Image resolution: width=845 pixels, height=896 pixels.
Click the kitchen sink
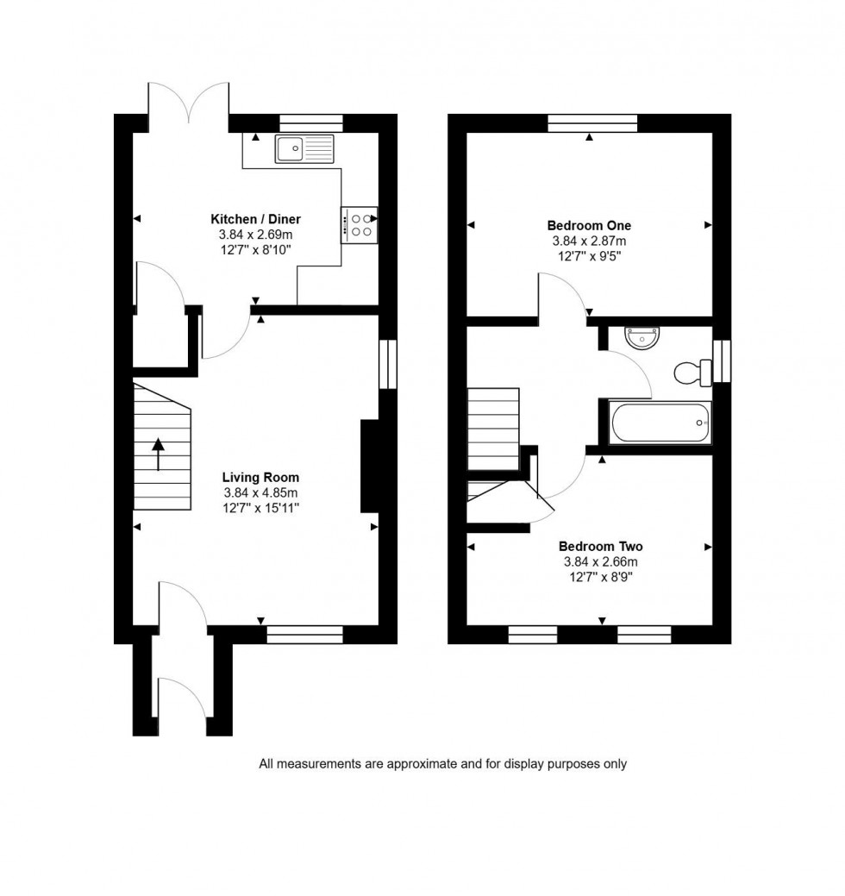tap(304, 149)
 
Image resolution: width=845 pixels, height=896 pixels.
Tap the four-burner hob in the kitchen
tap(360, 225)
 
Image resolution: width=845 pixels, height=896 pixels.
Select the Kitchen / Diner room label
tap(256, 219)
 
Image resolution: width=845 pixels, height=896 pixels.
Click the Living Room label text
tap(260, 477)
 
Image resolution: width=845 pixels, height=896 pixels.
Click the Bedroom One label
tap(589, 226)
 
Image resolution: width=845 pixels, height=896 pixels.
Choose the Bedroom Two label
tap(600, 546)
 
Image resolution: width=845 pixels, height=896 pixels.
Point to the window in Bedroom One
tap(592, 122)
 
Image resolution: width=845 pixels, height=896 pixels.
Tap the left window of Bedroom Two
tap(533, 636)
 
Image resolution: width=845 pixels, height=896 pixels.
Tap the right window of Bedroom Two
tap(644, 636)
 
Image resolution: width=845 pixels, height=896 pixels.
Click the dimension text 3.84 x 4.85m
tap(260, 492)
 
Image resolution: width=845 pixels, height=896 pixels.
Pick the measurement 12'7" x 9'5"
tap(589, 256)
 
